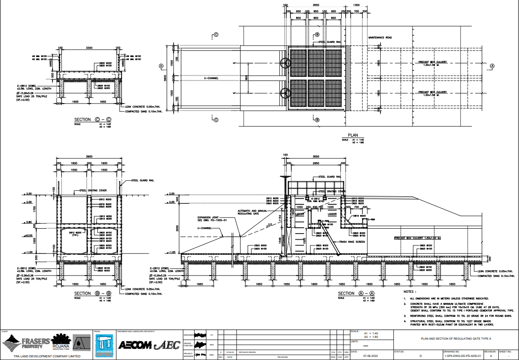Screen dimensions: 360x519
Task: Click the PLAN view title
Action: click(x=353, y=135)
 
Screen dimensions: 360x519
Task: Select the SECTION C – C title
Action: click(x=92, y=119)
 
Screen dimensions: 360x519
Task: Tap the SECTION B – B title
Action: click(x=92, y=293)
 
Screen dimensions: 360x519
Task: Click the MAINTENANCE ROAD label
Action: click(x=380, y=38)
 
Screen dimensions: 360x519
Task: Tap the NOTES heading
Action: click(x=410, y=292)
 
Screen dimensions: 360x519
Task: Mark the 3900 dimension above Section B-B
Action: click(x=89, y=157)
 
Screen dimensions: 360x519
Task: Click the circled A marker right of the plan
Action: click(x=492, y=66)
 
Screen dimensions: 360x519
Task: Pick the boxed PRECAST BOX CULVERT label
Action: click(x=418, y=238)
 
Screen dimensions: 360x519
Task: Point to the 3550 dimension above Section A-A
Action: click(x=316, y=157)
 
